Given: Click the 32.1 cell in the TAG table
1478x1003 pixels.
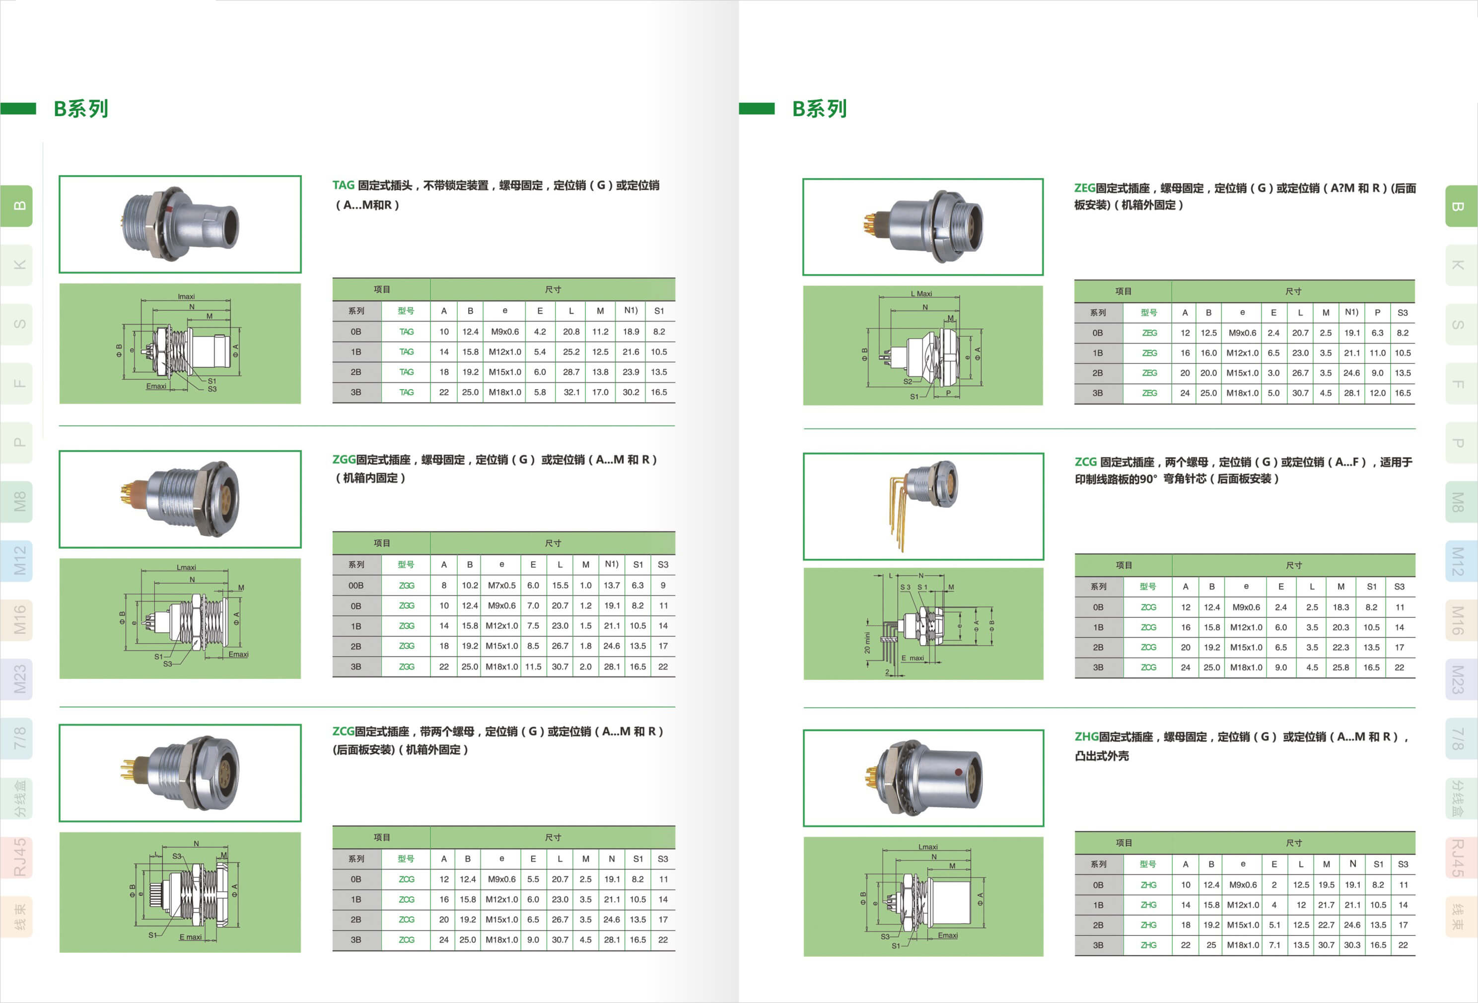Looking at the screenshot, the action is coord(571,392).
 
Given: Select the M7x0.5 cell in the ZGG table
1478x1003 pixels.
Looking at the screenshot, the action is coord(502,586).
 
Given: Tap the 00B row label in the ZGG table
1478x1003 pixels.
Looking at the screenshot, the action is coord(356,586).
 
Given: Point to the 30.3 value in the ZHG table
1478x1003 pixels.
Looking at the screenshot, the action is coord(1352,945).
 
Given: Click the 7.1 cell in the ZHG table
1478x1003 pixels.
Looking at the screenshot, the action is coord(1274,945).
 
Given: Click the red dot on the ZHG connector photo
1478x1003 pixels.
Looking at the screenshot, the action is coord(958,772).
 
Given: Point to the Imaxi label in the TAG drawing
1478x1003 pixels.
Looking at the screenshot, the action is coord(186,296).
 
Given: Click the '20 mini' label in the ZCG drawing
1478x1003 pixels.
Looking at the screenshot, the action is coord(867,643).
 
